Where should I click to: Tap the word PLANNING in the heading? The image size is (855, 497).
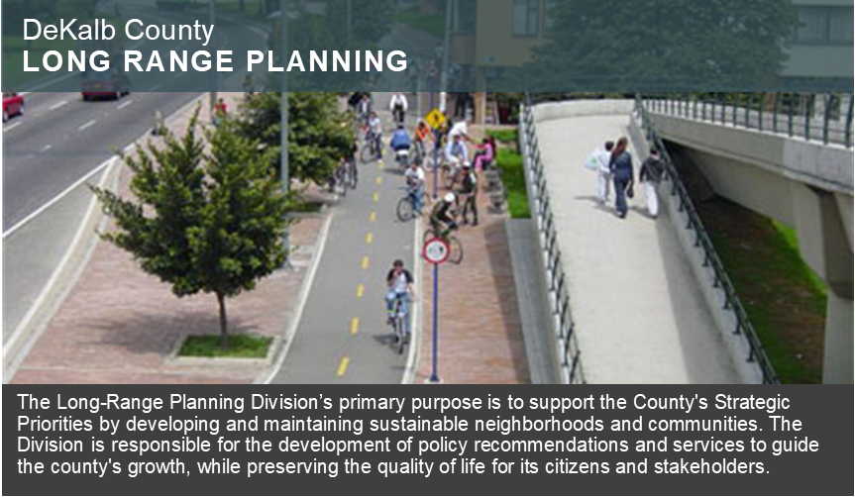click(327, 61)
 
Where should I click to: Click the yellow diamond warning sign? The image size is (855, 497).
click(435, 118)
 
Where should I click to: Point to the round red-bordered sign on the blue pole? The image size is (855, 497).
click(436, 250)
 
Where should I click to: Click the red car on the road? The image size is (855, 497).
click(12, 105)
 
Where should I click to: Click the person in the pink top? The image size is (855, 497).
click(483, 153)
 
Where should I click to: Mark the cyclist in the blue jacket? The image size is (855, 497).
click(401, 143)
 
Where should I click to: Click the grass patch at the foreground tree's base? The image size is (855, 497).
click(225, 347)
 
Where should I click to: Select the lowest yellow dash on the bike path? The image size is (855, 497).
click(343, 366)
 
